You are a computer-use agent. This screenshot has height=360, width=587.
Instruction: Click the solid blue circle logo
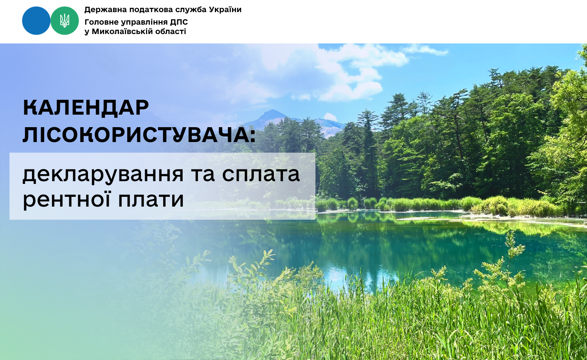[x=36, y=21]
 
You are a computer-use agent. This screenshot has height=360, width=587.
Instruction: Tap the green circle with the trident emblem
[x=65, y=21]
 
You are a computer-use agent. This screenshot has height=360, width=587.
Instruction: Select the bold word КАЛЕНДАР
[x=86, y=108]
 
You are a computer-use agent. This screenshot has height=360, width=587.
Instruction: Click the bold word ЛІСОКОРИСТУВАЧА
[x=135, y=135]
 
